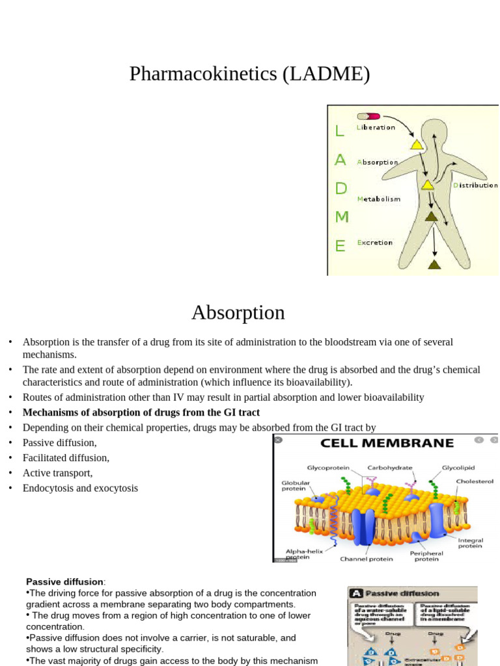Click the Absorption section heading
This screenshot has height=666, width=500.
coord(238,313)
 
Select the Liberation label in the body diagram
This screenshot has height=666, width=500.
coord(376,127)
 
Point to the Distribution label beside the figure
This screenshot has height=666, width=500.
coord(475,185)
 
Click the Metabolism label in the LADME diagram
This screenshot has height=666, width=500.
coord(378,199)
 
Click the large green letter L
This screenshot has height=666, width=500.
coord(339,131)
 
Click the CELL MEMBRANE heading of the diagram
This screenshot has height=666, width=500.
coord(386,444)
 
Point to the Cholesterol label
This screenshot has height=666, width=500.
coord(475,481)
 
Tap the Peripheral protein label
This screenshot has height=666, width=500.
coord(427,556)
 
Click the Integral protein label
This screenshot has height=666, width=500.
coord(470,542)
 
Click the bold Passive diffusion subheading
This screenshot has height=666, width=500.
coord(64,581)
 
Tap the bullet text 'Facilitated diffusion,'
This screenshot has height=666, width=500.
coord(66,458)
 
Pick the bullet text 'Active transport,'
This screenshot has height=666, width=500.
coord(58,473)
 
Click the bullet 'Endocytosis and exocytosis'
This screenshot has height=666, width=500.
coord(80,488)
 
